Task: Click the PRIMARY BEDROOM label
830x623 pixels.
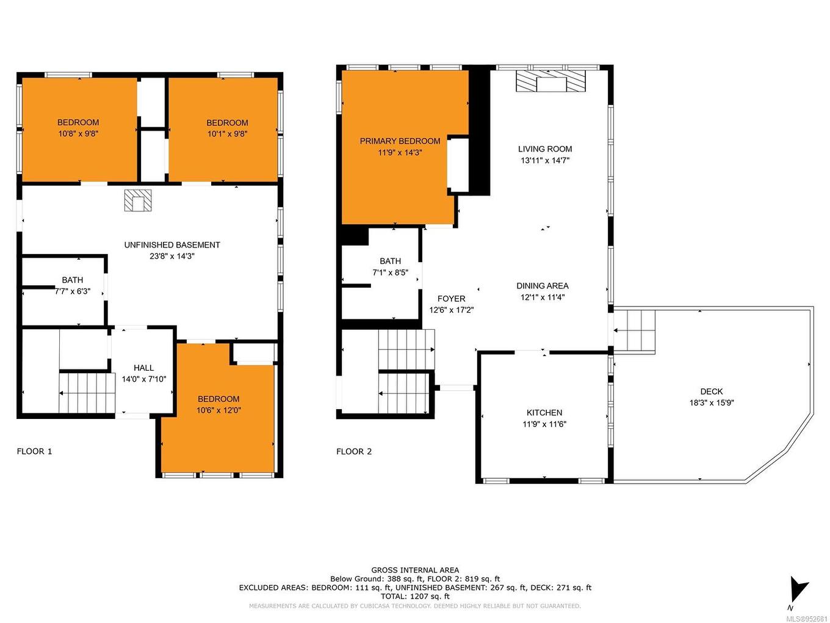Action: [400, 141]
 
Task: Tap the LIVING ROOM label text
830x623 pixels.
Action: [545, 149]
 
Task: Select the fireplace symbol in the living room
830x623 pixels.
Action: [550, 81]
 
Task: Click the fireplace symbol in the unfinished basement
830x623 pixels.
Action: [138, 200]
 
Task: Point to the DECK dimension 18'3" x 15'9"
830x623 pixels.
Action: [712, 403]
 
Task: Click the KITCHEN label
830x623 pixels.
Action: [544, 413]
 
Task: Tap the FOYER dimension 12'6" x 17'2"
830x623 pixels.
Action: [451, 310]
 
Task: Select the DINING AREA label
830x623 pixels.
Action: [542, 286]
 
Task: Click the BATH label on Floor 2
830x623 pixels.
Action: [390, 261]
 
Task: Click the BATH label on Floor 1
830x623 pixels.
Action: [72, 280]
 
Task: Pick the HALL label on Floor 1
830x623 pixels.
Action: [143, 368]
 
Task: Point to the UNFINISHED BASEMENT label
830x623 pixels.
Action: [172, 245]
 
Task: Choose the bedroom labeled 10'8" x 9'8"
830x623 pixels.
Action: [78, 128]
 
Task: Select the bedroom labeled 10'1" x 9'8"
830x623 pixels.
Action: [226, 128]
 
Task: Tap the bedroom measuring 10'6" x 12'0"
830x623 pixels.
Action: [218, 404]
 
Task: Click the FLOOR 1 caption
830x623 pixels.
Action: [34, 451]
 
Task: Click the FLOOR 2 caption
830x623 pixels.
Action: [354, 451]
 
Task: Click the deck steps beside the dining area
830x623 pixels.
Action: [635, 330]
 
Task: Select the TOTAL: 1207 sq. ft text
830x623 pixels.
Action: [415, 596]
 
